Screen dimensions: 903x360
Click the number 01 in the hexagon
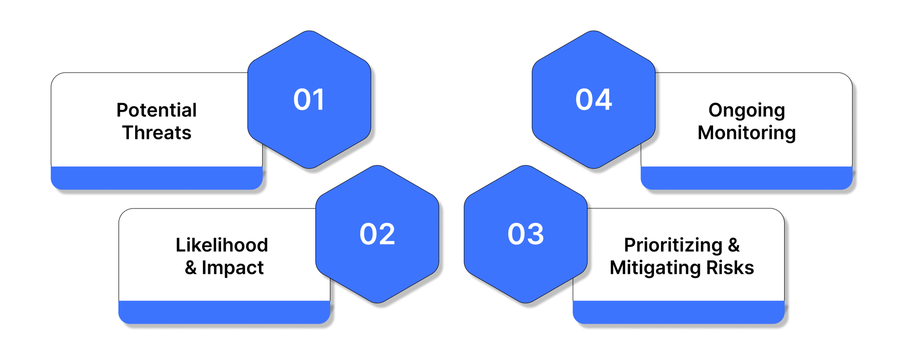[309, 99]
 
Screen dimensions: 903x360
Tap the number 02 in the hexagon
[377, 234]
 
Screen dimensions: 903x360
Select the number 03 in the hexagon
[526, 234]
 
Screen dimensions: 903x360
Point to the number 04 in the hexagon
[593, 99]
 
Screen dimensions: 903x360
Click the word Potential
[156, 110]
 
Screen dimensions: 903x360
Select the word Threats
[156, 133]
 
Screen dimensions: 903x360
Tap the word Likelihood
[222, 245]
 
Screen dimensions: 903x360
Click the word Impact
[233, 268]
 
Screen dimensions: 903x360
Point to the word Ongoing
[747, 110]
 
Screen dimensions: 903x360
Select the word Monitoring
[747, 133]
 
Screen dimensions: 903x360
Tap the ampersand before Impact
[191, 268]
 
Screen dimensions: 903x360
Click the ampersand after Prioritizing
[734, 245]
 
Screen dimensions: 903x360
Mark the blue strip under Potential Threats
[156, 178]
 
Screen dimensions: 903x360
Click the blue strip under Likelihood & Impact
[224, 312]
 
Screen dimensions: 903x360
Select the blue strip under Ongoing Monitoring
[746, 178]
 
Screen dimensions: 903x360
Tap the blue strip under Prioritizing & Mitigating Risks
[678, 312]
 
